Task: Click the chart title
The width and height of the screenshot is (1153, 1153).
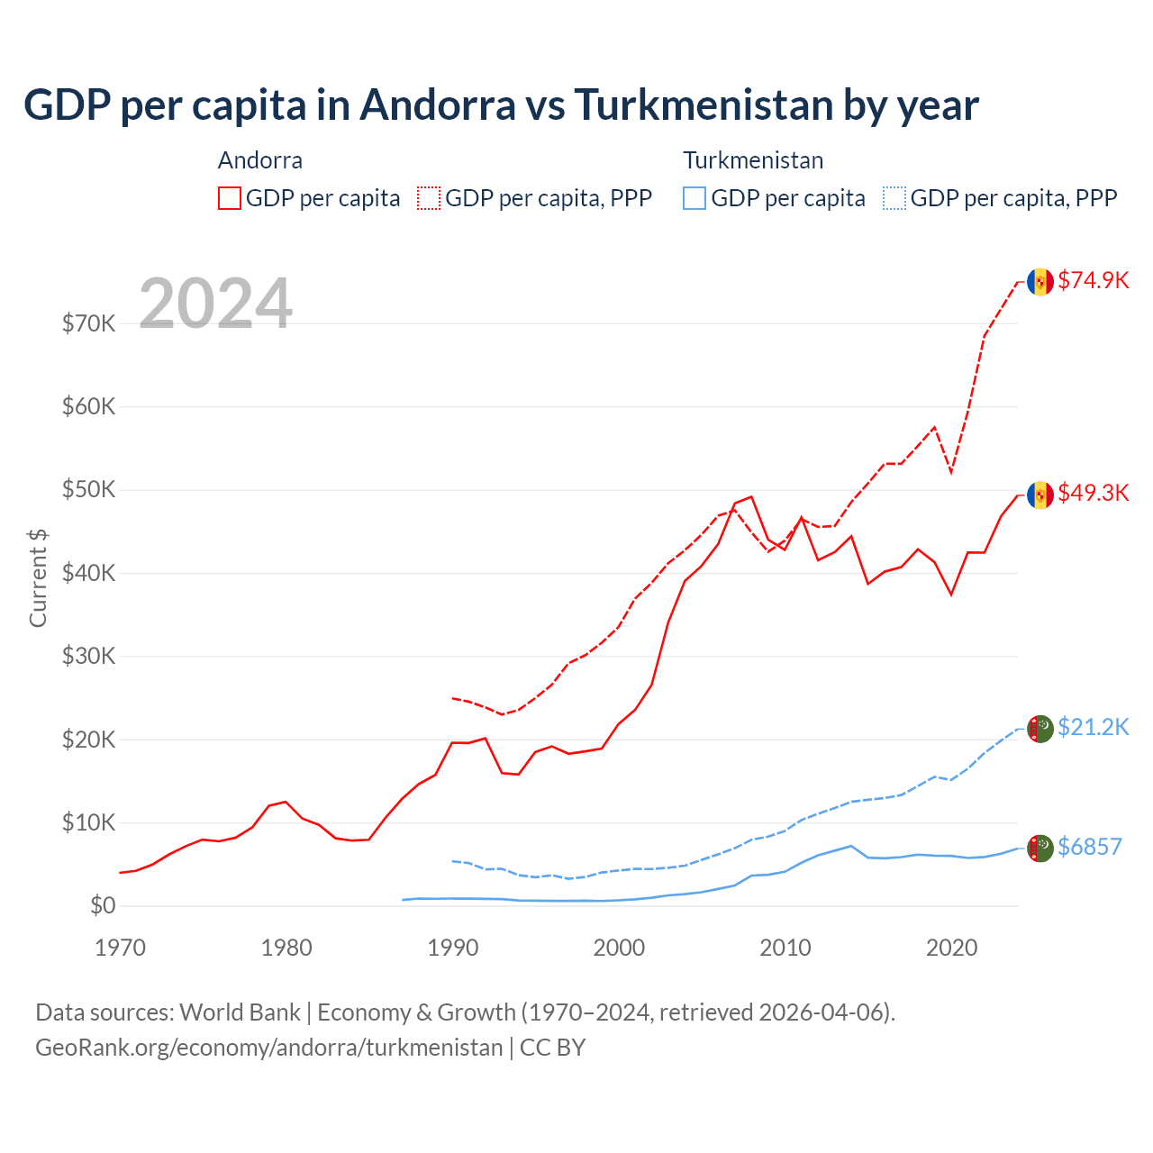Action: [x=501, y=104]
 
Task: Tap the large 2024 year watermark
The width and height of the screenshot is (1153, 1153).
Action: [x=215, y=304]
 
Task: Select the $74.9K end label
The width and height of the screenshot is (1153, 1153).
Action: [x=1093, y=280]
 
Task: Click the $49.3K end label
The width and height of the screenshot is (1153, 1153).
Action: [x=1093, y=493]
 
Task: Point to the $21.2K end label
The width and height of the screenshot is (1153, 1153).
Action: [x=1093, y=727]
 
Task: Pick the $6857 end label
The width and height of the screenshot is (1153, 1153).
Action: [x=1089, y=847]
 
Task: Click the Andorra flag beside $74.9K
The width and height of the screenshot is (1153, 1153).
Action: [x=1040, y=281]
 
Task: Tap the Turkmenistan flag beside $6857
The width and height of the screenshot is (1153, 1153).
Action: [x=1040, y=848]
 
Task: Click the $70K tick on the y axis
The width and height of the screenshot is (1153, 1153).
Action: [x=89, y=323]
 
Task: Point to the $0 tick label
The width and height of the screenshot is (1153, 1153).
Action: [x=103, y=905]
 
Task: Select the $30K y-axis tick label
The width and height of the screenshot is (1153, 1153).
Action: [x=89, y=656]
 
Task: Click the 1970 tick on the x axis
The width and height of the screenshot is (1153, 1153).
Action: [x=120, y=948]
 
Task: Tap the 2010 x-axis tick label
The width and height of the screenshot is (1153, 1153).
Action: [x=785, y=948]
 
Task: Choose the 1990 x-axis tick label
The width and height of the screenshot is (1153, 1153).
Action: [x=453, y=948]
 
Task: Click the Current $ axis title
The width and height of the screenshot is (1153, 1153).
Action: [x=38, y=578]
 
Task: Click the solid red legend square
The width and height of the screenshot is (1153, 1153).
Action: [x=230, y=198]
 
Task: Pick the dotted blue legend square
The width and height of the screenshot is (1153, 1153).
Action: [x=895, y=198]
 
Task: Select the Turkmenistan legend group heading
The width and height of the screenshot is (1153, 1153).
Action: [x=753, y=160]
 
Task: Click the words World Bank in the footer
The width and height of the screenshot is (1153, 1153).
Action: [x=240, y=1012]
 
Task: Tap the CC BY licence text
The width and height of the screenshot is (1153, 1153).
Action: [x=552, y=1048]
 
